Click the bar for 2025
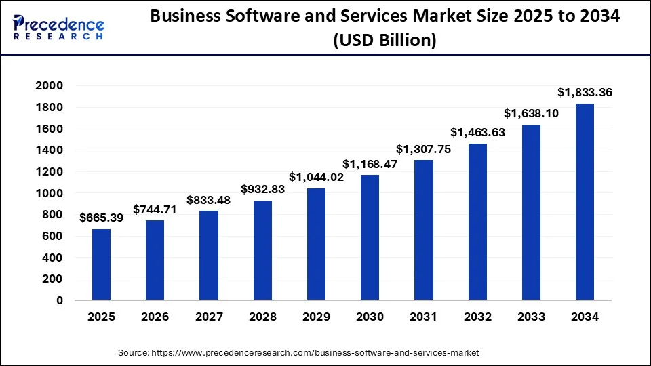(x=101, y=264)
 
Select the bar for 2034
(x=585, y=201)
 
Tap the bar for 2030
(x=370, y=237)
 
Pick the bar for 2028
(x=262, y=250)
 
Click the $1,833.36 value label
(x=585, y=91)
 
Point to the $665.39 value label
(x=102, y=218)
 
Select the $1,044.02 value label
(x=316, y=177)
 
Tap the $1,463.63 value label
(x=477, y=132)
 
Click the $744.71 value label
(x=155, y=209)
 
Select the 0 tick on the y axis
(x=59, y=300)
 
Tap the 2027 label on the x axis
(x=209, y=317)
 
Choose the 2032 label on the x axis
(x=477, y=317)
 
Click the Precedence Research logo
(x=58, y=27)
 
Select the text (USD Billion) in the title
(x=384, y=40)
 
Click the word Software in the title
(x=260, y=17)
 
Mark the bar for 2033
(x=531, y=212)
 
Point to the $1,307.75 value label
(x=424, y=148)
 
